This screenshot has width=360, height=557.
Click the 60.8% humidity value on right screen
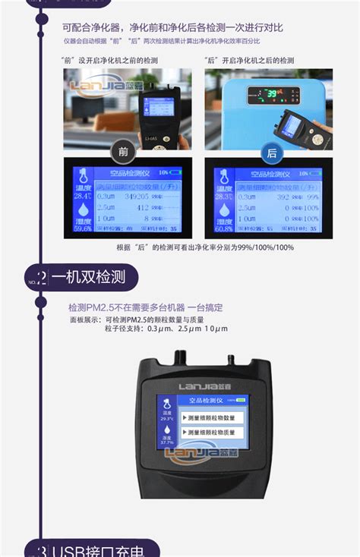[x=224, y=228]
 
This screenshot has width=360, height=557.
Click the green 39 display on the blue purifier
[x=270, y=93]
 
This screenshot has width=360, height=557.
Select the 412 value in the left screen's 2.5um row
[x=142, y=206]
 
